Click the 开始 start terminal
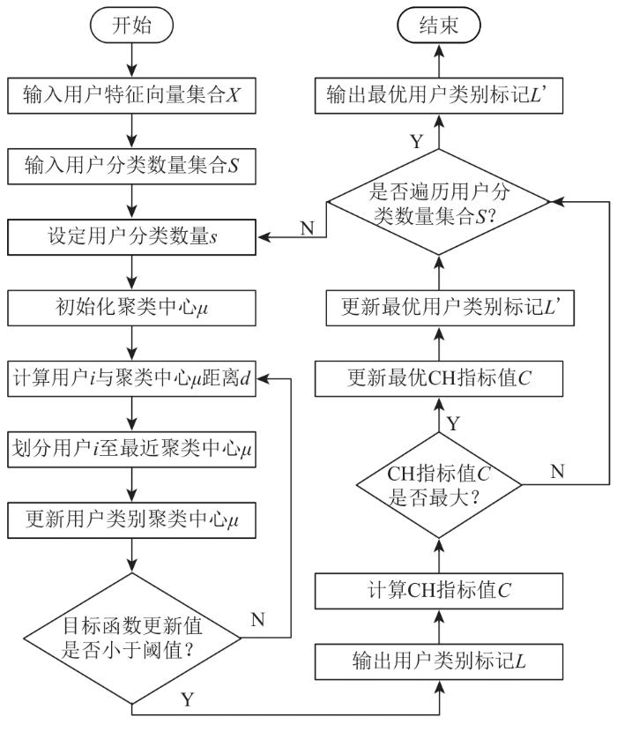[131, 25]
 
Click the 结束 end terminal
[439, 25]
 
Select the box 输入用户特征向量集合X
[131, 96]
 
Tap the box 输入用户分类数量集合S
[131, 166]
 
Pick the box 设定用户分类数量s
[131, 237]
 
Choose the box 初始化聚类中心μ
[131, 308]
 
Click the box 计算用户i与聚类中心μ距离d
[131, 378]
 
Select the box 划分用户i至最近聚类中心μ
[131, 450]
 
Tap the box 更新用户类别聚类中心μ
[131, 520]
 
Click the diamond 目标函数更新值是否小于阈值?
[132, 639]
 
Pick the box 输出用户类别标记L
[439, 662]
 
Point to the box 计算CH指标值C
[439, 591]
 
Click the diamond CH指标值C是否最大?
[439, 485]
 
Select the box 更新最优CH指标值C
[439, 378]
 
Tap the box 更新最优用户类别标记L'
[450, 308]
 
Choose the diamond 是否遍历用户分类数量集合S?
[439, 202]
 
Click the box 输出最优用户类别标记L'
[439, 96]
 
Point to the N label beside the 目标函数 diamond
[257, 620]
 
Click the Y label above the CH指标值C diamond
[454, 424]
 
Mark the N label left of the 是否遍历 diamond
[307, 228]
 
